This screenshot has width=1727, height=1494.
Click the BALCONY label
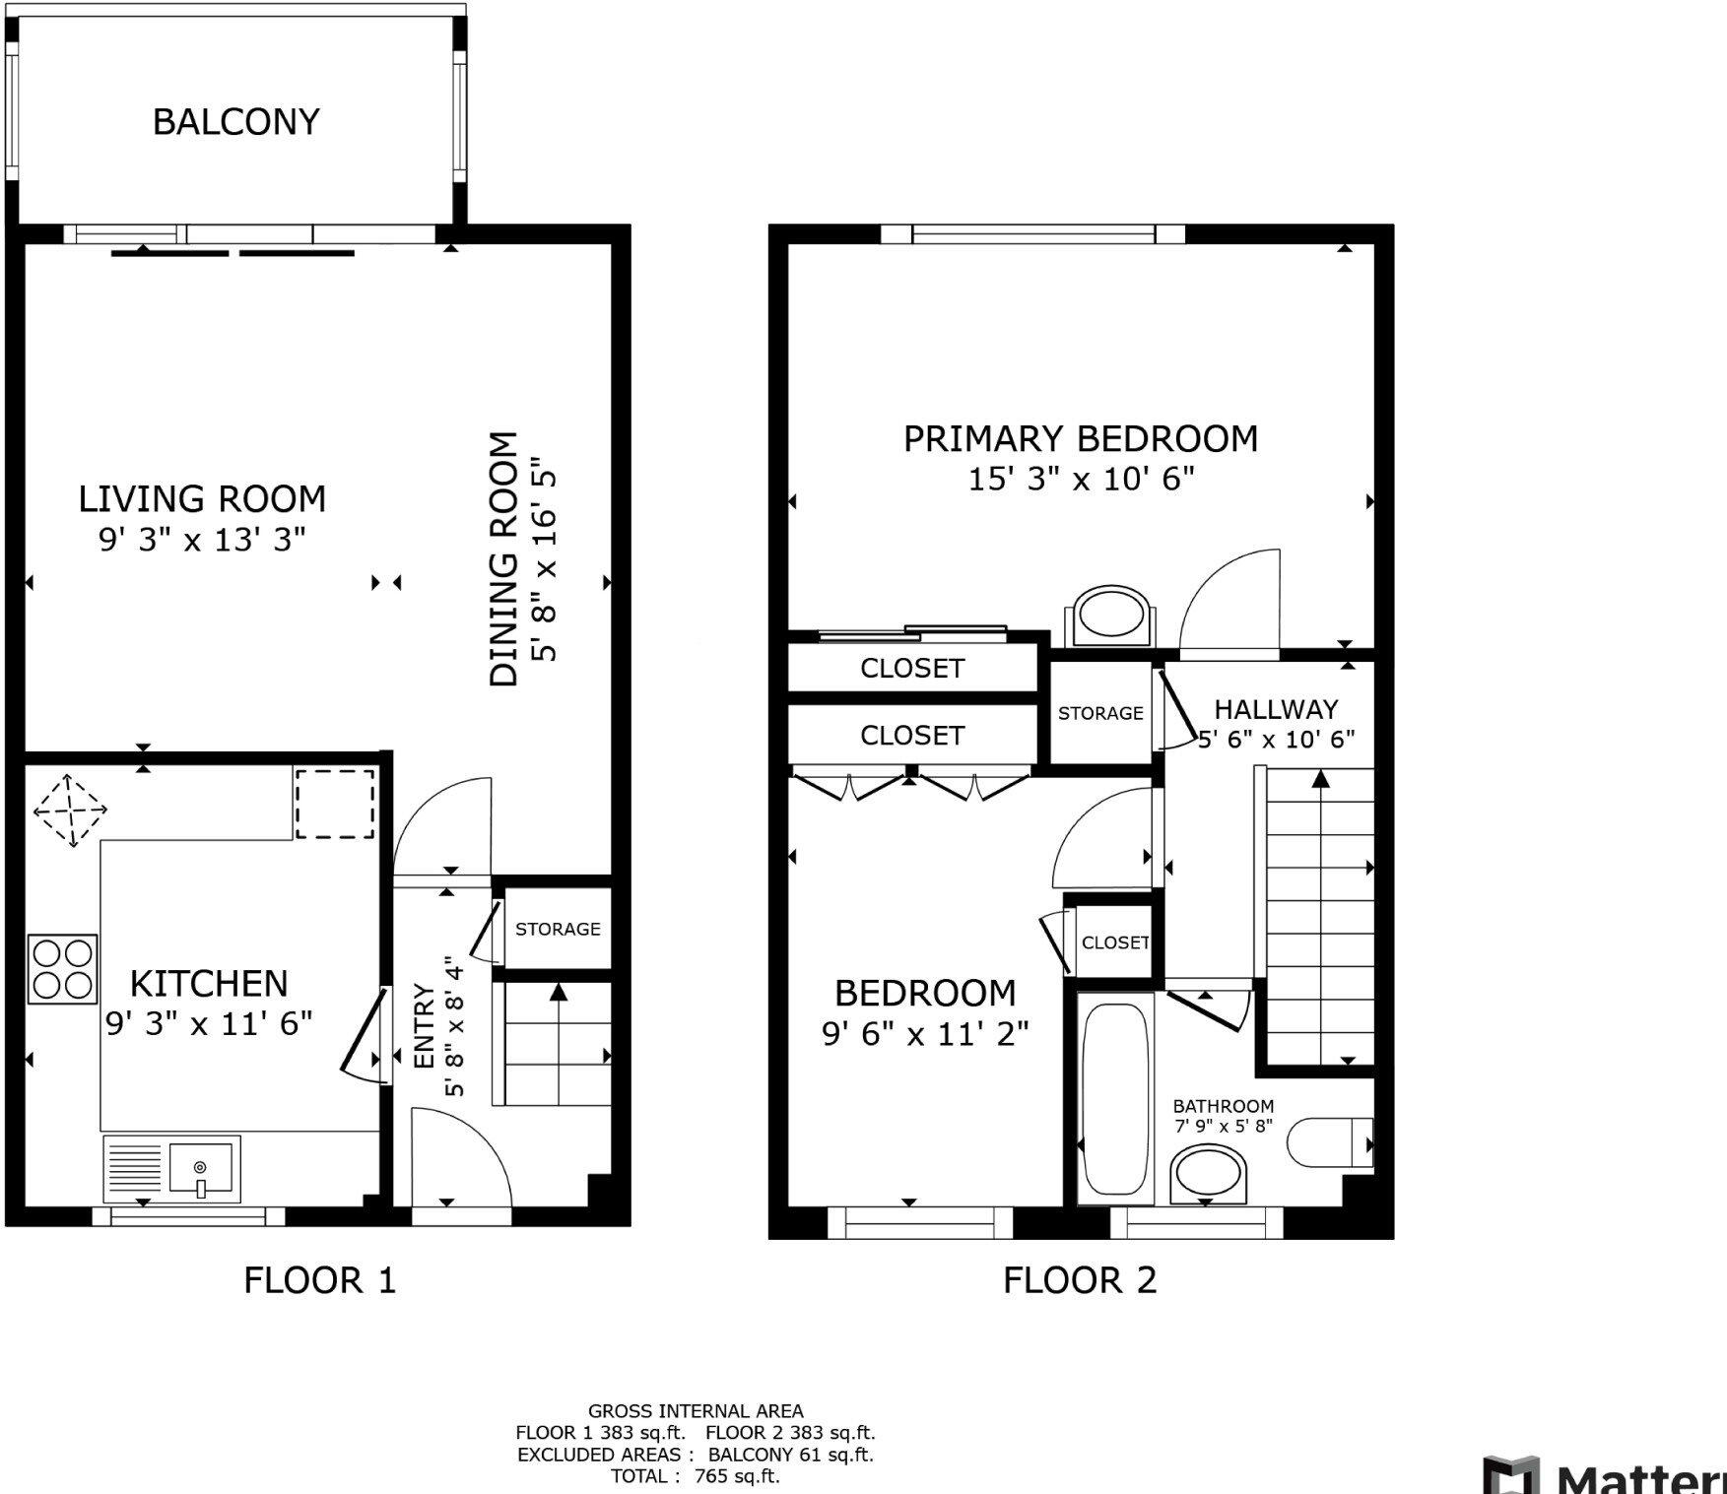coord(235,122)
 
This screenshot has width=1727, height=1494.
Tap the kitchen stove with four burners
coord(63,969)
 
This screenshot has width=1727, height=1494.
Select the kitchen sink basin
coord(201,1169)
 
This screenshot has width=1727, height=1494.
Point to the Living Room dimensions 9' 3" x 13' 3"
coord(202,540)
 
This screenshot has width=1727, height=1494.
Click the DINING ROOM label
coord(504,558)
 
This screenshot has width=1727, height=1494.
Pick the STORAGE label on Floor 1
coord(558,929)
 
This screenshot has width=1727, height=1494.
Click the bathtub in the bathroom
coord(1115,1098)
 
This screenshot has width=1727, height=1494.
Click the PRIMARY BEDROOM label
coord(1081,438)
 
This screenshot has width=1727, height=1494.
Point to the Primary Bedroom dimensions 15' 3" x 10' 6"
coord(1081,480)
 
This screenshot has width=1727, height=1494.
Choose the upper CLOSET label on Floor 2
coord(911,669)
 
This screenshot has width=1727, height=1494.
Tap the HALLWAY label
coord(1276,709)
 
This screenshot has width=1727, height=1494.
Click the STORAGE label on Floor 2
coord(1100,713)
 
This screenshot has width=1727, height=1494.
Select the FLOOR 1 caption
coord(319,1280)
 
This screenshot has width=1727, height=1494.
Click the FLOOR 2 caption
coord(1080,1280)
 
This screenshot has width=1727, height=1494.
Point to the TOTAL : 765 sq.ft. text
coord(695,1475)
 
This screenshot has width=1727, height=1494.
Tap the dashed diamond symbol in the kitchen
coord(70,811)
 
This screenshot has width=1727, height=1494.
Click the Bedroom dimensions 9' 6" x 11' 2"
coord(925,1034)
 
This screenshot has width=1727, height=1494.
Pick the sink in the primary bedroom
coord(1110,616)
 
